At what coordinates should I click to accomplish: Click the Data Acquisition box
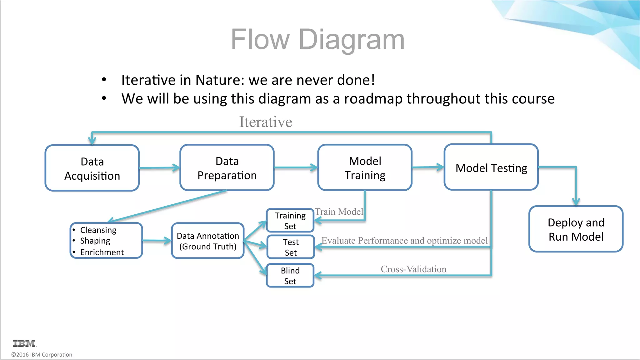pyautogui.click(x=92, y=168)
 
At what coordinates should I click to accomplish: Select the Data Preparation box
pyautogui.click(x=227, y=168)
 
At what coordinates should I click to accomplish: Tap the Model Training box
pyautogui.click(x=365, y=168)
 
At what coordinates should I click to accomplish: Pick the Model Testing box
pyautogui.click(x=491, y=167)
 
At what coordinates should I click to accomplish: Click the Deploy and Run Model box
pyautogui.click(x=576, y=229)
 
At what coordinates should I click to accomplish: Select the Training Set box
pyautogui.click(x=290, y=221)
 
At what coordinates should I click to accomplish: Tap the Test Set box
pyautogui.click(x=291, y=247)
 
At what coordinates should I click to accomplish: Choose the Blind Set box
pyautogui.click(x=290, y=276)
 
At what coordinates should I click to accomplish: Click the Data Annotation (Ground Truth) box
pyautogui.click(x=208, y=241)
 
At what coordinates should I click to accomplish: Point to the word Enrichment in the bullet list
pyautogui.click(x=102, y=252)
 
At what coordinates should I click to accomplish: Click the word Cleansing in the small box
pyautogui.click(x=98, y=230)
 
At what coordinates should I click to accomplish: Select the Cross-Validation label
pyautogui.click(x=413, y=269)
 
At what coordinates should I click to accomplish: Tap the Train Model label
pyautogui.click(x=339, y=212)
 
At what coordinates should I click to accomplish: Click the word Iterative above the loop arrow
pyautogui.click(x=266, y=122)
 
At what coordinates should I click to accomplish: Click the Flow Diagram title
pyautogui.click(x=317, y=39)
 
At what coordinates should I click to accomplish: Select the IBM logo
pyautogui.click(x=24, y=343)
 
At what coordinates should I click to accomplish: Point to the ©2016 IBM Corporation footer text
pyautogui.click(x=42, y=355)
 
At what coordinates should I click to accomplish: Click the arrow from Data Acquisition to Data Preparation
pyautogui.click(x=159, y=168)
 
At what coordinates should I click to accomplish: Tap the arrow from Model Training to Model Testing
pyautogui.click(x=427, y=167)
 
